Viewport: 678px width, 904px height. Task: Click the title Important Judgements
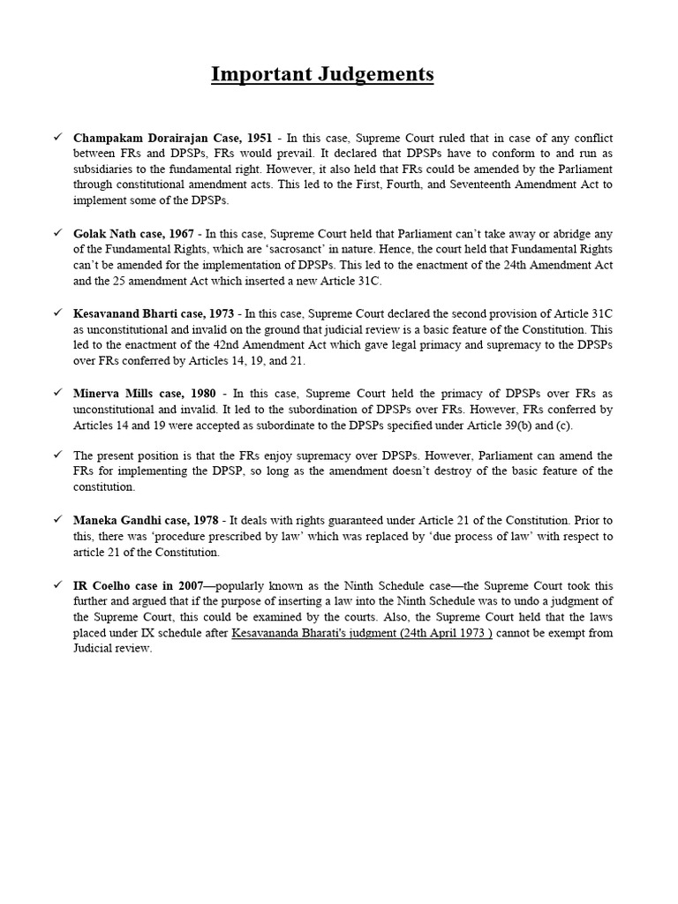pos(322,74)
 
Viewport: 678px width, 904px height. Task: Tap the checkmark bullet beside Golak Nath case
pos(57,233)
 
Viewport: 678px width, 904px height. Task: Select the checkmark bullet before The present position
pos(57,455)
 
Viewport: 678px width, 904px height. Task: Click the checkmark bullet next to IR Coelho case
pos(57,585)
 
